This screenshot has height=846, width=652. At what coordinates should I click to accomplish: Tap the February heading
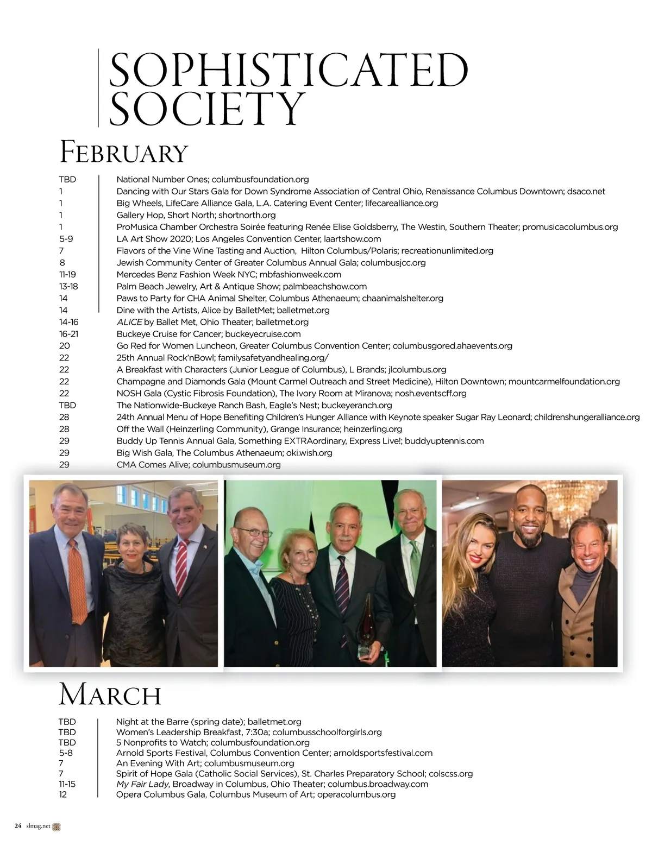click(x=123, y=153)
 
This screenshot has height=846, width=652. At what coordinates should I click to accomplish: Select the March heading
click(x=110, y=695)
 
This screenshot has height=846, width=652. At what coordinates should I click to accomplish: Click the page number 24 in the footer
click(x=18, y=826)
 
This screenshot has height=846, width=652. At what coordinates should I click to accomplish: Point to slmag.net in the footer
click(x=38, y=826)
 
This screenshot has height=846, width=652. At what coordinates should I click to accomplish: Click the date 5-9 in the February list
click(x=66, y=239)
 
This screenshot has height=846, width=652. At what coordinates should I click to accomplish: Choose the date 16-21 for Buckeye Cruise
click(x=68, y=334)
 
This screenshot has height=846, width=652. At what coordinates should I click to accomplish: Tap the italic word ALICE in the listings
click(x=129, y=322)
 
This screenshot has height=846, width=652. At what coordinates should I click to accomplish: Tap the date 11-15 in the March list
click(x=67, y=784)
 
